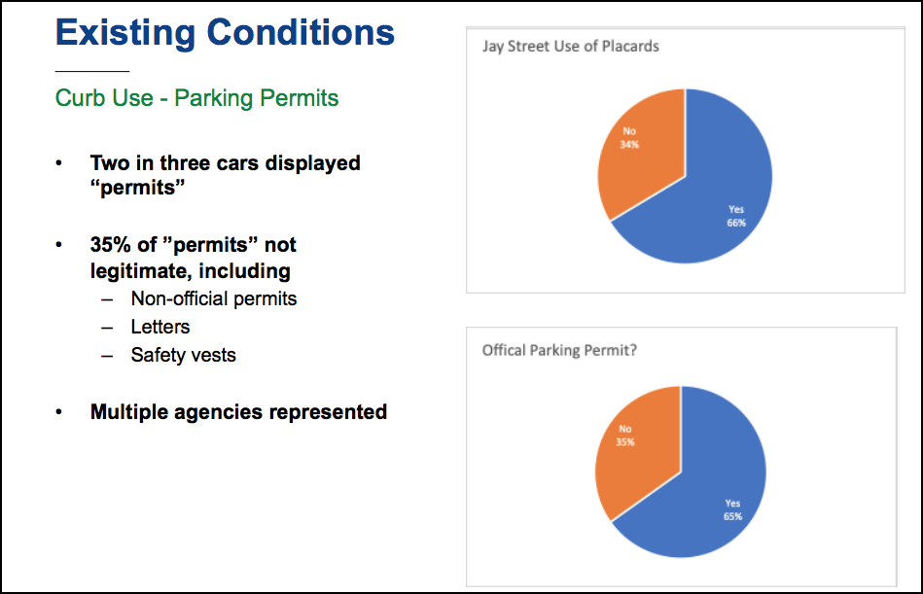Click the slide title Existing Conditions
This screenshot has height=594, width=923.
pyautogui.click(x=225, y=33)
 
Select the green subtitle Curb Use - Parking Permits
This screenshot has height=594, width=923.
pyautogui.click(x=196, y=98)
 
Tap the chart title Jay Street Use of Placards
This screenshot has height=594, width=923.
pyautogui.click(x=570, y=47)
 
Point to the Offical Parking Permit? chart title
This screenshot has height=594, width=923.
pyautogui.click(x=559, y=351)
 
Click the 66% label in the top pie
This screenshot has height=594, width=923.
pyautogui.click(x=736, y=223)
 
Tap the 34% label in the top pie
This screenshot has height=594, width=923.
pyautogui.click(x=629, y=145)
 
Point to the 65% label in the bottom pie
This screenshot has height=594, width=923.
pyautogui.click(x=733, y=516)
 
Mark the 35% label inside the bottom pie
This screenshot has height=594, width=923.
pyautogui.click(x=625, y=442)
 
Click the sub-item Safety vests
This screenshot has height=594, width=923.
pyautogui.click(x=183, y=355)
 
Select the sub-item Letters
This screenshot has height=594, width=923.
pyautogui.click(x=160, y=327)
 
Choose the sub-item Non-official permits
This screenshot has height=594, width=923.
pyautogui.click(x=214, y=298)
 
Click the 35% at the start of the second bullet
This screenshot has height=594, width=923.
pyautogui.click(x=110, y=245)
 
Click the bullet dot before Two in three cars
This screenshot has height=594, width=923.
pyautogui.click(x=59, y=163)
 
